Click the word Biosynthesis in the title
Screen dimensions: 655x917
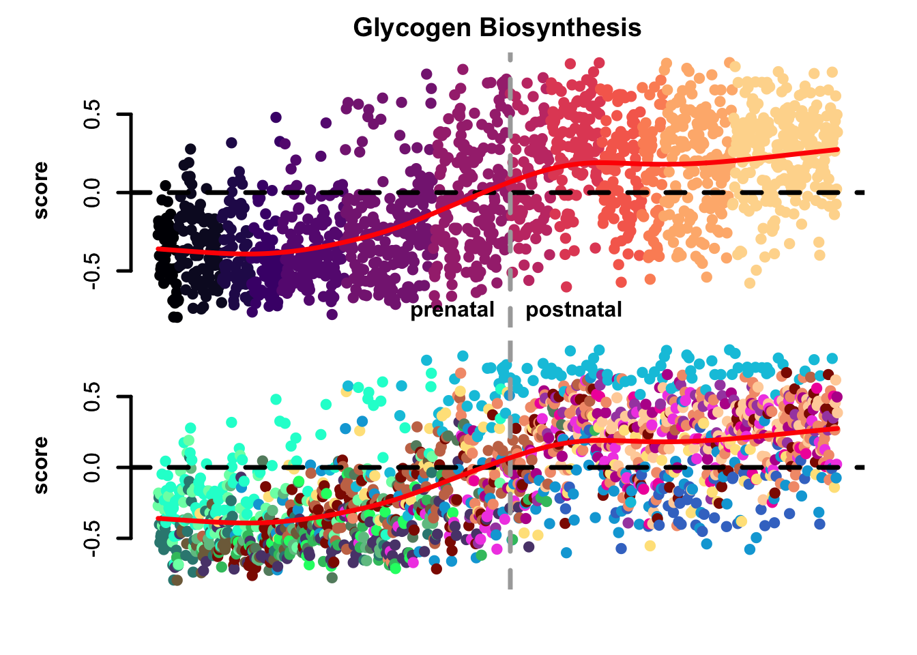click(560, 28)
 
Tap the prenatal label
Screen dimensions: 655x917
click(452, 310)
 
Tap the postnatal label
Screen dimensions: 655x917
click(574, 310)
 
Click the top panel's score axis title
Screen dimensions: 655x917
click(41, 190)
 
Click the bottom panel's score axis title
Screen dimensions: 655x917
click(41, 465)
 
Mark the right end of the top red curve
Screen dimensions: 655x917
click(838, 149)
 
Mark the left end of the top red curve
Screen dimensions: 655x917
click(157, 250)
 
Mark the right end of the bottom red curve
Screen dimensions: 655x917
click(838, 428)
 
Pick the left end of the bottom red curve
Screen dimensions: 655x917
click(157, 519)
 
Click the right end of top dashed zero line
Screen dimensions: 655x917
click(864, 192)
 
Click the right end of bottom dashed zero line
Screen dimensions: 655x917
click(864, 467)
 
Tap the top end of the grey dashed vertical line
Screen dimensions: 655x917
click(510, 53)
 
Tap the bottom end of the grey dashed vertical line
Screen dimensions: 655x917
click(510, 587)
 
